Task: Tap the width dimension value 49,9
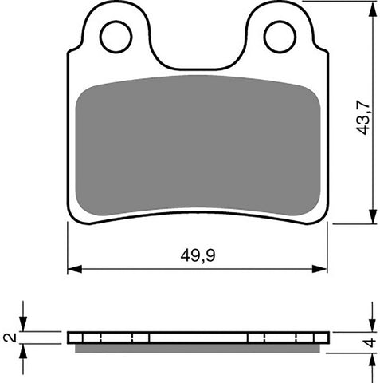(x=198, y=256)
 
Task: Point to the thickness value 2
(x=9, y=338)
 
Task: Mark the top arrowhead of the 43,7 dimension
(x=372, y=8)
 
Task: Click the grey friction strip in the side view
(x=198, y=347)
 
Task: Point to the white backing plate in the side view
(x=198, y=337)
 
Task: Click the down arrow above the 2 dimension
(x=24, y=325)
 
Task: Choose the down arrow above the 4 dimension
(x=372, y=325)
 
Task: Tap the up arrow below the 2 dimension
(x=24, y=349)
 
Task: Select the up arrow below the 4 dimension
(x=372, y=357)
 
